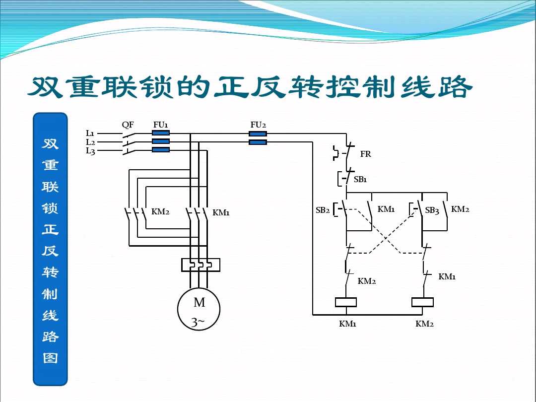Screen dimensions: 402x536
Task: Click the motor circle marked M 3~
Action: pos(199,309)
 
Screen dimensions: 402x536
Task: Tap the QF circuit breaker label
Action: pos(128,125)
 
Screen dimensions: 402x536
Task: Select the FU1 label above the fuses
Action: pos(160,125)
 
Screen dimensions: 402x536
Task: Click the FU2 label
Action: pos(258,125)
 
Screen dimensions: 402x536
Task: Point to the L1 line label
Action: pos(90,133)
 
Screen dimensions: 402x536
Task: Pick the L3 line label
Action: pos(90,151)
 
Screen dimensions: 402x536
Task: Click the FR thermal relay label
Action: pos(366,154)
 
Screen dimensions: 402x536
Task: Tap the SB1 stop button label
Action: pos(360,179)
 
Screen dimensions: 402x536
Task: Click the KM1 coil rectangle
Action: pos(346,302)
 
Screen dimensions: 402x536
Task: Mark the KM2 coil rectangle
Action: pos(423,302)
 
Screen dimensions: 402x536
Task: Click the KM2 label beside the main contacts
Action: pos(160,212)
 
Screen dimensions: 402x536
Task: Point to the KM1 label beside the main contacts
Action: pos(221,213)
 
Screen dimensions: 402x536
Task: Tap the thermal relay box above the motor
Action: pos(201,265)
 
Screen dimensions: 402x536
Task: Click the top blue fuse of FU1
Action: pos(160,133)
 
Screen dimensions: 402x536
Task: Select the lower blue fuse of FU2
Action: pos(258,142)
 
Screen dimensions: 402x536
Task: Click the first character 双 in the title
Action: pos(45,88)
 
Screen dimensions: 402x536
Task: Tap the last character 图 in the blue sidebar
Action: pos(50,358)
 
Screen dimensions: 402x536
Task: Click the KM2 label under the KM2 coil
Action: pos(424,324)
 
